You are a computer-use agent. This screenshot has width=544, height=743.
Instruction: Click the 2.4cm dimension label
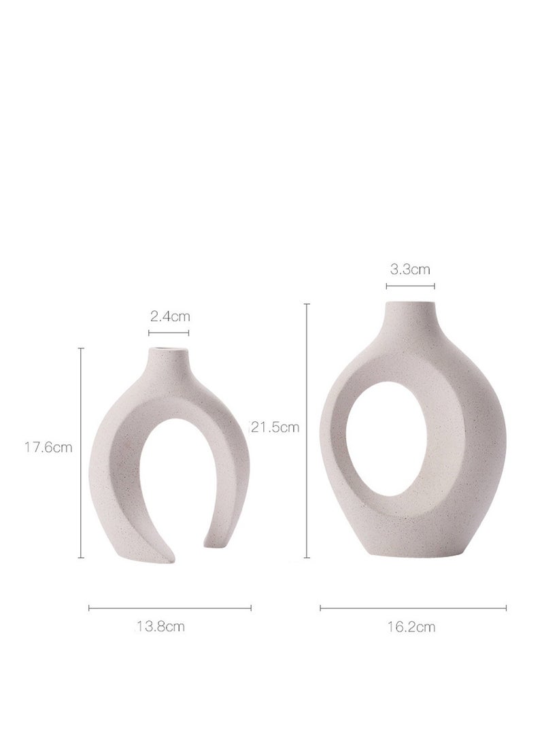169,316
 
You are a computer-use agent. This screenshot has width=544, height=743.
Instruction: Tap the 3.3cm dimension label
410,269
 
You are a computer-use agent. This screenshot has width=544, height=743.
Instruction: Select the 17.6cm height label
49,447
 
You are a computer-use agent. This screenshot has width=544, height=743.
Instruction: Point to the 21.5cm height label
275,427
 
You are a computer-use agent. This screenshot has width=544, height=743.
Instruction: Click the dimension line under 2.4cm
169,333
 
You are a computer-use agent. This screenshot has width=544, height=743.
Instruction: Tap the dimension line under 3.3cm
411,286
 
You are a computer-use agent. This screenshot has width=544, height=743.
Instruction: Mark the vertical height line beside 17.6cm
81,452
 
